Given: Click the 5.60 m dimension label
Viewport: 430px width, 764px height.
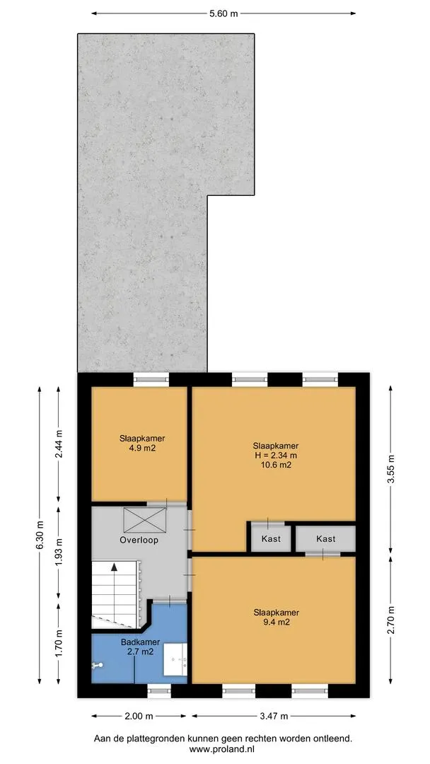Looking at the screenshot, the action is click(223, 13).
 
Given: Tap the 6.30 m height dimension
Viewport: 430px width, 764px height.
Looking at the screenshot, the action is click(40, 535).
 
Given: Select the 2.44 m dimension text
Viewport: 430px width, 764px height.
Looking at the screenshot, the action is click(59, 444).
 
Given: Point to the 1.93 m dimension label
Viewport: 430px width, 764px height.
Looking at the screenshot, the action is click(59, 552).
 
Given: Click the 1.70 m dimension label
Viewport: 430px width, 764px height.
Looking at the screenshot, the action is click(59, 643).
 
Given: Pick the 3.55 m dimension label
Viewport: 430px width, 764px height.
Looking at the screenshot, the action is click(391, 469).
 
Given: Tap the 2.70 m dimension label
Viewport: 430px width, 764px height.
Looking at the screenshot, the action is click(391, 619).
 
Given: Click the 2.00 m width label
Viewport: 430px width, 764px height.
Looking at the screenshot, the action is click(139, 716).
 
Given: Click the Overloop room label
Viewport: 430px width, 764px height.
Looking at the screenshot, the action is click(139, 540).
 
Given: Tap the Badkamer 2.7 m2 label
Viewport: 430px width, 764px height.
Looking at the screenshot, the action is click(138, 647).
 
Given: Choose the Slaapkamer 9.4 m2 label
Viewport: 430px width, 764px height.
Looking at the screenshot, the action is click(276, 617).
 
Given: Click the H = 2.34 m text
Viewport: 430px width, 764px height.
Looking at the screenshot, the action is click(276, 455).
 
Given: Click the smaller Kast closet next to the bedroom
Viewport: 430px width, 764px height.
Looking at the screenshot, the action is click(271, 538).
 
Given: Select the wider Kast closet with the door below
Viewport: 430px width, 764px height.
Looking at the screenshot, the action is click(325, 538).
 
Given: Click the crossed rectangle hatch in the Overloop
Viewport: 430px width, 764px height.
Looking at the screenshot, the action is click(144, 520).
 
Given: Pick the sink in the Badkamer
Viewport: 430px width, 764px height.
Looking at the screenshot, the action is click(175, 659).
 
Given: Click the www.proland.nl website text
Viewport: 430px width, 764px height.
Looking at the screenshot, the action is click(223, 749).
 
